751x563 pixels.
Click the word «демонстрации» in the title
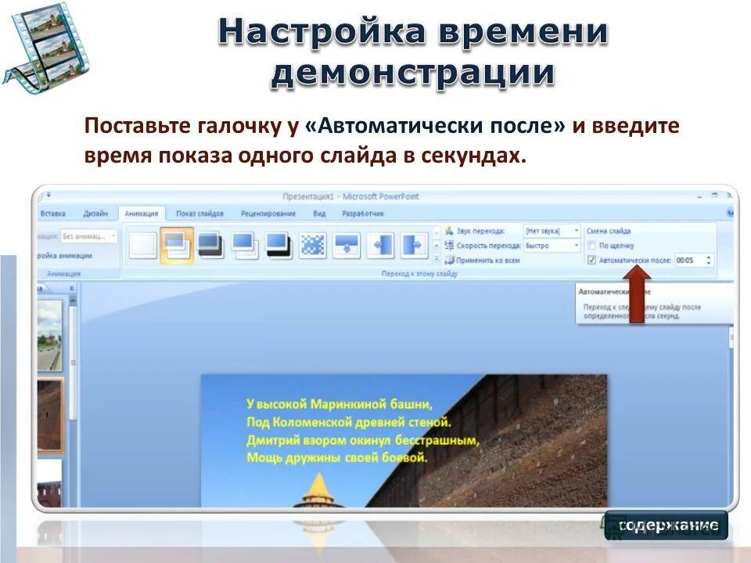[412, 74]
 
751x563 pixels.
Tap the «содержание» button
[666, 525]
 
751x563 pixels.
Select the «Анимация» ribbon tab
[142, 213]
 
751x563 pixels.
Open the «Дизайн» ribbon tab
[95, 213]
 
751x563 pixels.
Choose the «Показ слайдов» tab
[199, 213]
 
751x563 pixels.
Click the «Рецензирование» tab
[268, 213]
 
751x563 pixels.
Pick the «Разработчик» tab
[363, 213]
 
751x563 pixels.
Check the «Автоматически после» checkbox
[591, 260]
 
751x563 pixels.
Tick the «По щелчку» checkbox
[591, 246]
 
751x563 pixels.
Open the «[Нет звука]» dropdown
[552, 231]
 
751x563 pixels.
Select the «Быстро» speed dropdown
[552, 246]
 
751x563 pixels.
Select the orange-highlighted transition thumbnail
[177, 246]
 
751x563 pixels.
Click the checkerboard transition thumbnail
[313, 246]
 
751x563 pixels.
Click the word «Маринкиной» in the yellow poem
[345, 404]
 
